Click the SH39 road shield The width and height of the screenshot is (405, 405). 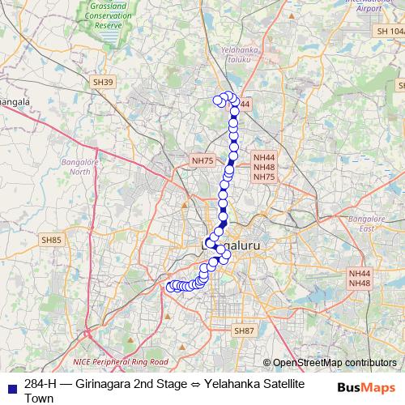104,82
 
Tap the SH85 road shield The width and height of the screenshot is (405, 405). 52,240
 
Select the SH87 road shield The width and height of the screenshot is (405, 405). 244,331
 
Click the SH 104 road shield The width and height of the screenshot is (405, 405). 389,30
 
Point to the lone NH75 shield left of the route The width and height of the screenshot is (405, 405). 202,161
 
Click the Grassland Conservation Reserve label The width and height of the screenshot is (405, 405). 109,17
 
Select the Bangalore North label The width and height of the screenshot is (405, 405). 81,167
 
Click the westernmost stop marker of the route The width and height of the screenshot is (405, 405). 171,287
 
